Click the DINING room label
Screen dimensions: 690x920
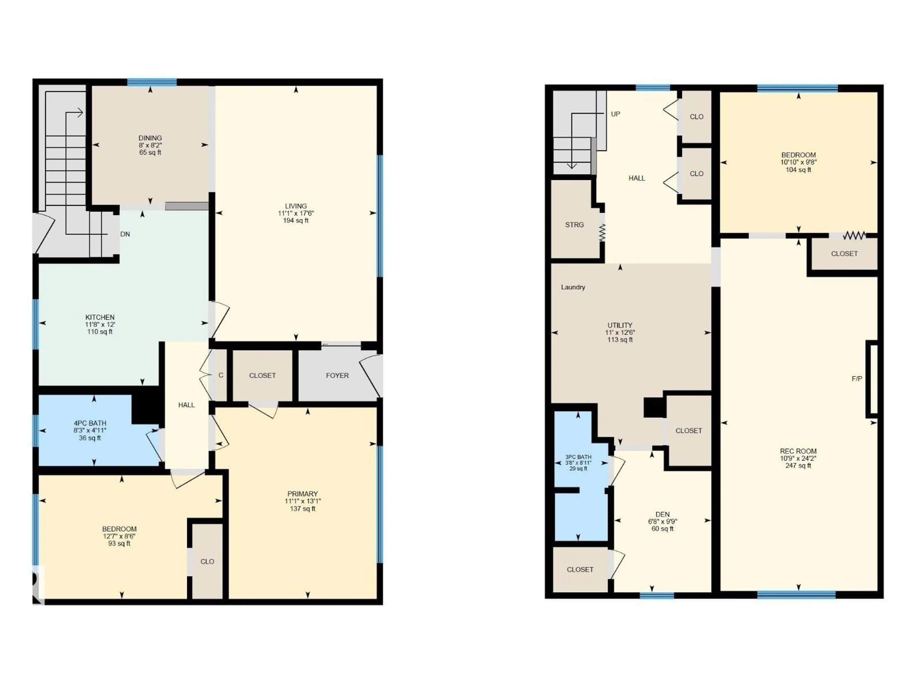point(150,138)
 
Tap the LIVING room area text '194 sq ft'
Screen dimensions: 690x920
point(296,220)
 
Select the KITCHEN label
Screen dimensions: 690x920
point(100,317)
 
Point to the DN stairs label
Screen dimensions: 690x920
point(125,234)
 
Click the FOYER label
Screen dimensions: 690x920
point(337,375)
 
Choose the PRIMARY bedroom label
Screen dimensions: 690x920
point(302,494)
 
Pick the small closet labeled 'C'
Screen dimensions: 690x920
point(221,375)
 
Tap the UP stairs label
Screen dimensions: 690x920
point(615,114)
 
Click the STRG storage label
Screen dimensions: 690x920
point(574,224)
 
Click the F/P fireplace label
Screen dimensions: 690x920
point(857,379)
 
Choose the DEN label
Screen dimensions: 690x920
point(662,514)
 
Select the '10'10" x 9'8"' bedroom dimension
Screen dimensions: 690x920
point(798,162)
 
